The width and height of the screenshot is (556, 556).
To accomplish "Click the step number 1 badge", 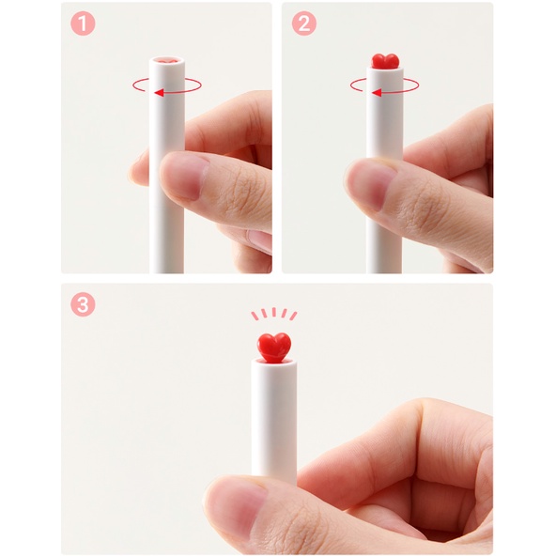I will point(84,23).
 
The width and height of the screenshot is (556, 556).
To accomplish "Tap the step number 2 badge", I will point(303,23).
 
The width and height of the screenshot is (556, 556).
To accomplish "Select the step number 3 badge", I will point(84,305).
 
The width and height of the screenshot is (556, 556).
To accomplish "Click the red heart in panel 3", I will point(274,345).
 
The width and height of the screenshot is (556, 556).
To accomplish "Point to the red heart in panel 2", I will point(385,61).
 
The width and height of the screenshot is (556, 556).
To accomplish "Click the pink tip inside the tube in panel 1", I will point(167,61).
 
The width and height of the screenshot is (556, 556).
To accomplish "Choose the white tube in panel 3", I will point(274,423).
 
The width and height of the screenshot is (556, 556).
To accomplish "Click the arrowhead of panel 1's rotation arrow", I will point(159,92).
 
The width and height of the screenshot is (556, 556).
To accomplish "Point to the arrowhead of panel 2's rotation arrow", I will point(376,92).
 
